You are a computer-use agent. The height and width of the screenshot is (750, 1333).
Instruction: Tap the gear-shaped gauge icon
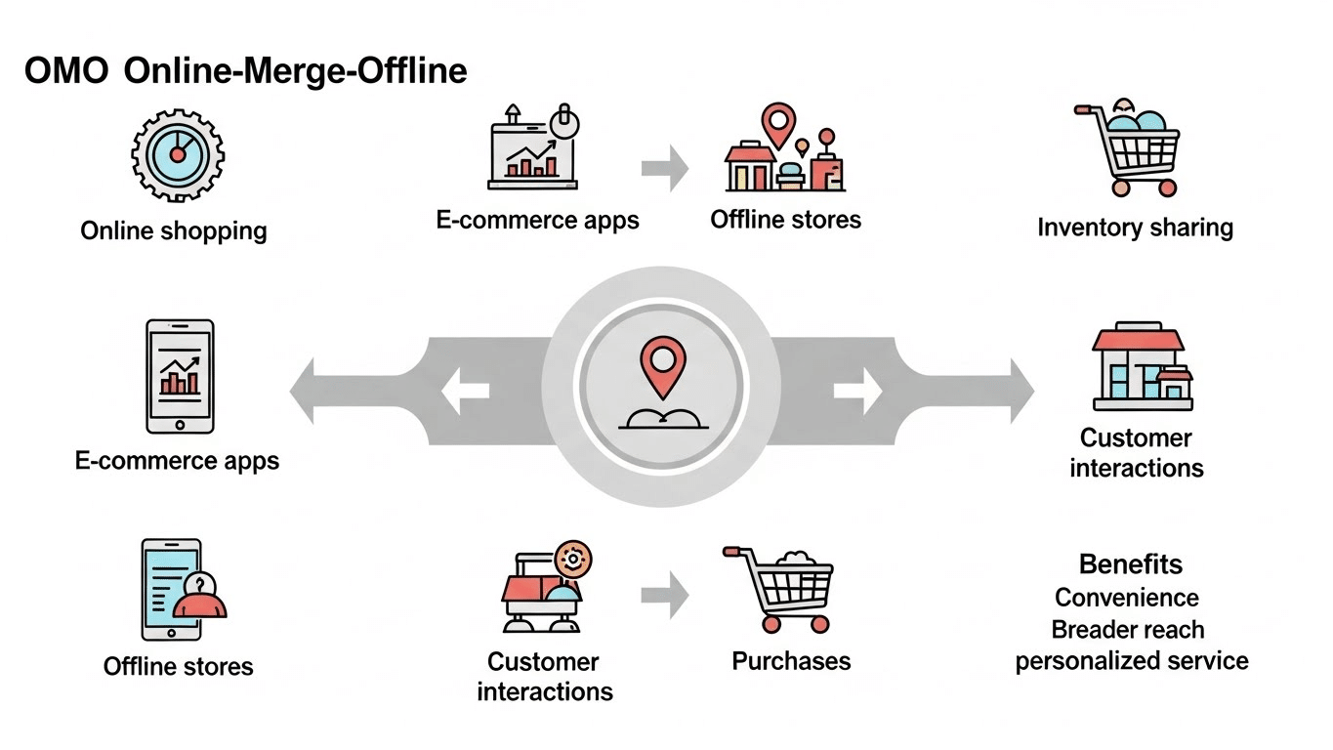point(177,155)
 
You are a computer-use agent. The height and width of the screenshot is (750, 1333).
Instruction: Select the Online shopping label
point(173,231)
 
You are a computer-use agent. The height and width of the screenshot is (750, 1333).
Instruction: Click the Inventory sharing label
point(1135,228)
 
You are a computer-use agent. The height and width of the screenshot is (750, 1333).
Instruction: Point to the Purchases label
point(791,661)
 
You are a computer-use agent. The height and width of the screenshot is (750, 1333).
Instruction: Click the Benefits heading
point(1131,564)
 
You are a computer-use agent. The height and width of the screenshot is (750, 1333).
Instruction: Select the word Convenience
point(1127,597)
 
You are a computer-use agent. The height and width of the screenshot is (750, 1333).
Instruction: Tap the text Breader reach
point(1128,629)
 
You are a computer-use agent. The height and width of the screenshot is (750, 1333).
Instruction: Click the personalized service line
point(1131,661)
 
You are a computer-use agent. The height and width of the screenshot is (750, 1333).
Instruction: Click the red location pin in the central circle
point(663,364)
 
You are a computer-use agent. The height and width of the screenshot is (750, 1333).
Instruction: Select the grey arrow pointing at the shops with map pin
point(664,169)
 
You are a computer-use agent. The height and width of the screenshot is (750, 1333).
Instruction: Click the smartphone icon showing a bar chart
point(180,376)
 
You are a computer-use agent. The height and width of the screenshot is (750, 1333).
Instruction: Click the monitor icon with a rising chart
point(533,150)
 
